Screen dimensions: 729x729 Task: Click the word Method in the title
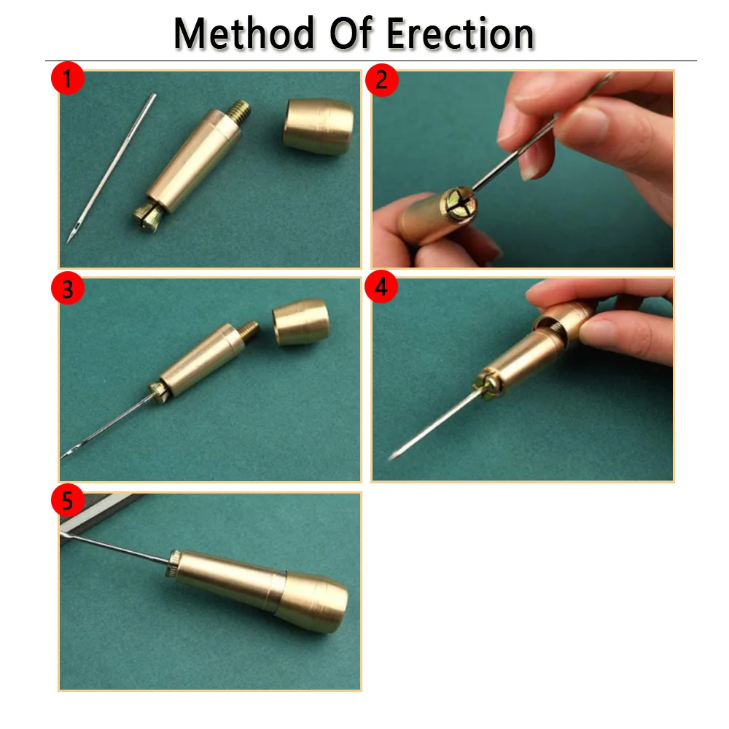click(x=235, y=34)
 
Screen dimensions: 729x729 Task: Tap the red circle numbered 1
click(x=67, y=79)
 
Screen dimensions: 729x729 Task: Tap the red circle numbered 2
click(x=382, y=79)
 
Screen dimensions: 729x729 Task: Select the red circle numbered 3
click(x=67, y=289)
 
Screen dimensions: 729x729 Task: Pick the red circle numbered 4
click(x=382, y=289)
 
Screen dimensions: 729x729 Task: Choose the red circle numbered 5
click(x=67, y=502)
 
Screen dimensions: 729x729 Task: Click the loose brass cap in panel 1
click(x=318, y=125)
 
